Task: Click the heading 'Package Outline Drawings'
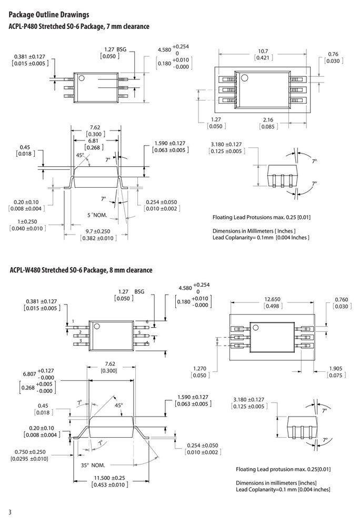(x=49, y=15)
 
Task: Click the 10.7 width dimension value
(x=263, y=52)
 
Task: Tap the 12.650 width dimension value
(x=272, y=299)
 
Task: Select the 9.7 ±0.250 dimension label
(x=98, y=231)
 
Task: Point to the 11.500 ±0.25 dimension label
(x=109, y=478)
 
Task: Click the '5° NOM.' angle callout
(x=97, y=215)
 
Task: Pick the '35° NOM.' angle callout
(x=93, y=466)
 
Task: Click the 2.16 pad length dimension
(x=268, y=120)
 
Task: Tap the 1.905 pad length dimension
(x=335, y=369)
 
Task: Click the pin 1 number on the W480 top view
(x=73, y=322)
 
